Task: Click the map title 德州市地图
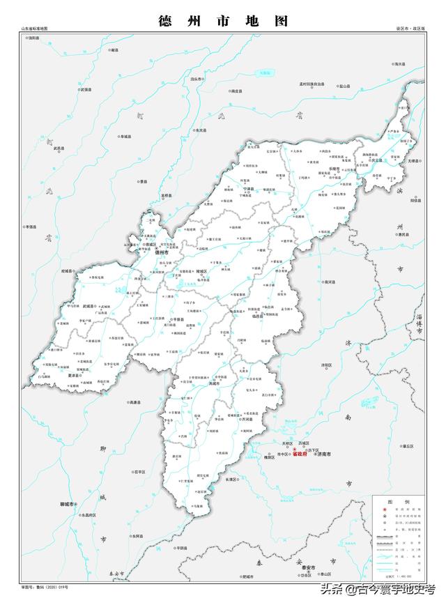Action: [x=223, y=21]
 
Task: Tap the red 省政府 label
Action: [x=301, y=453]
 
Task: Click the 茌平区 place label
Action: [x=139, y=472]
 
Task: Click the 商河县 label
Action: [x=330, y=282]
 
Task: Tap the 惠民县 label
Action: [x=401, y=235]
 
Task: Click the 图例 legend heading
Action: [x=394, y=501]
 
